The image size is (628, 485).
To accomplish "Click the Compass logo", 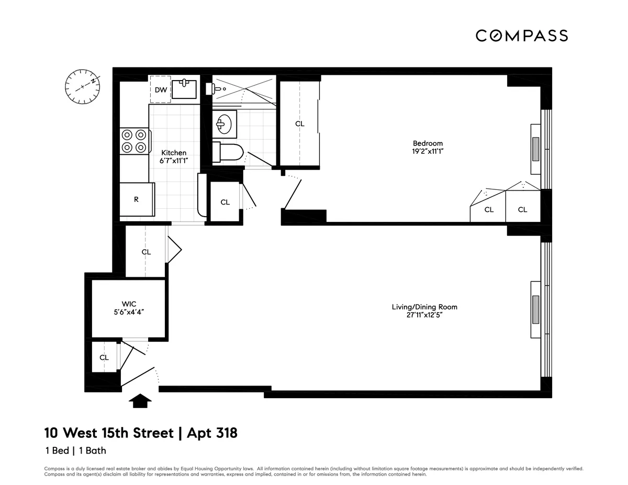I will click(521, 36).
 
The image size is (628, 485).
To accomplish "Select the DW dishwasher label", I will click(161, 90).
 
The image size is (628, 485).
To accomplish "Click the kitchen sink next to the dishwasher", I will click(184, 88).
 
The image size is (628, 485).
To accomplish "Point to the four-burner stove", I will click(134, 141).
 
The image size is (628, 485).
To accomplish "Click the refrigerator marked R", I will click(137, 199).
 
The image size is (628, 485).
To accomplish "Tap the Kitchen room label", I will click(174, 153).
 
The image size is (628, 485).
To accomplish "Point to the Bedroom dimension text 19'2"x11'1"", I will click(428, 151).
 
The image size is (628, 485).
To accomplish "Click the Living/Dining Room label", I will click(428, 307).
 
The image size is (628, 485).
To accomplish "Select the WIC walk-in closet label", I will click(129, 303).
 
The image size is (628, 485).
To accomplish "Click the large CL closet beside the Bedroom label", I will click(299, 124).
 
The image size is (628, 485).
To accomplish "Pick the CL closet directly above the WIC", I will click(146, 252).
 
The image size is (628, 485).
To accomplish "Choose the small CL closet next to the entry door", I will click(104, 357).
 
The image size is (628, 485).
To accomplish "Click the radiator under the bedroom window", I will click(535, 149).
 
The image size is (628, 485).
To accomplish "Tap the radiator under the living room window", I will click(535, 310).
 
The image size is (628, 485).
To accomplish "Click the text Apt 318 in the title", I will click(208, 433).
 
